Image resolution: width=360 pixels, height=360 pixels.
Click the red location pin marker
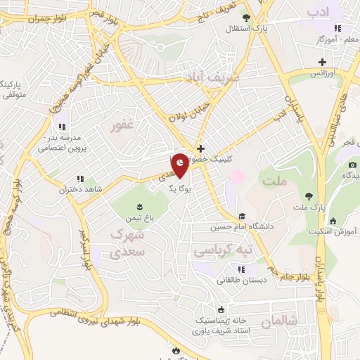181,165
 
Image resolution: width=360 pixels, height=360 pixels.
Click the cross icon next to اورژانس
321,63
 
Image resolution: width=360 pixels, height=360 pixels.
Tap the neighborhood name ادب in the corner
318,13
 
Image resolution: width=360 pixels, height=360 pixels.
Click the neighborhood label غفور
123,127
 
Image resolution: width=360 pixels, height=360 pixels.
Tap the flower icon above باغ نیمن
138,206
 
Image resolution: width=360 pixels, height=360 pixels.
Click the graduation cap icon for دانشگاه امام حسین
242,217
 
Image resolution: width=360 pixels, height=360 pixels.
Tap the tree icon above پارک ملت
308,196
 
